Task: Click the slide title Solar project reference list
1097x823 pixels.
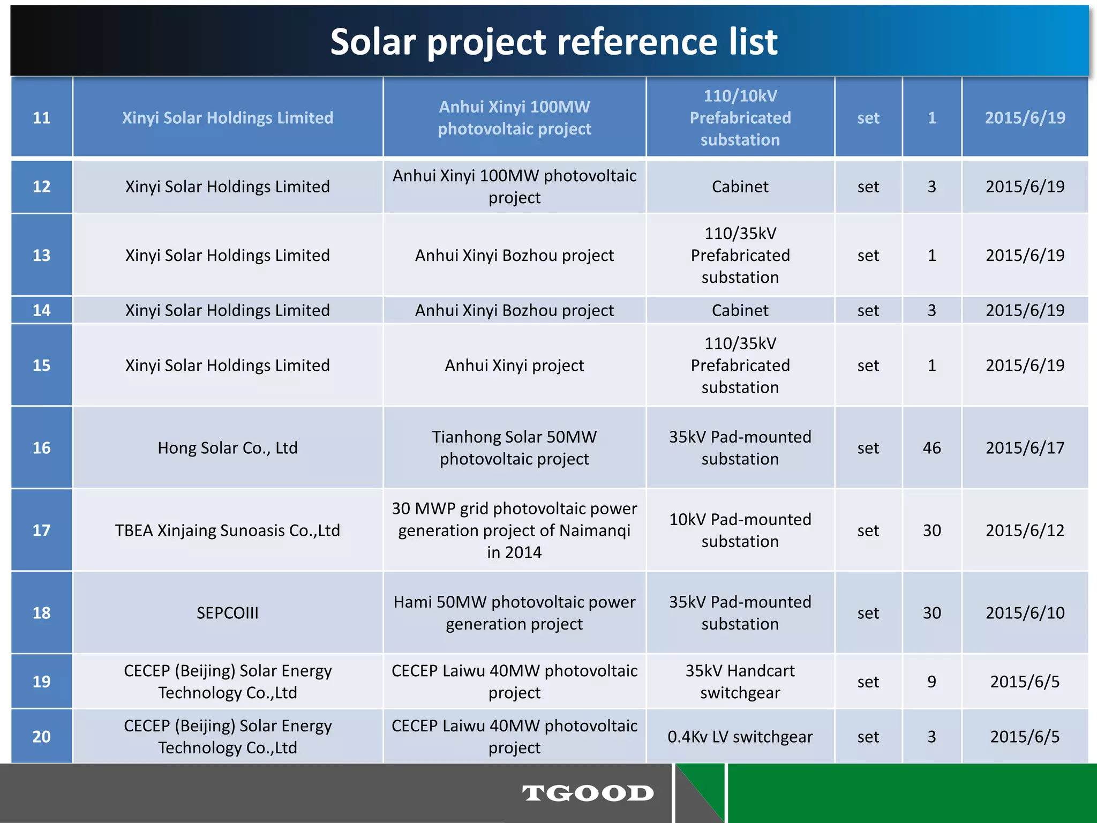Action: point(553,42)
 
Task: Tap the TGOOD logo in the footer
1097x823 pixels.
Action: point(588,793)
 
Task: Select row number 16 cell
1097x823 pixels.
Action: point(42,448)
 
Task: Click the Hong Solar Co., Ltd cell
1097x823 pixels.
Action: point(228,448)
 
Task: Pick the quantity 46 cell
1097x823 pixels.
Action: point(931,448)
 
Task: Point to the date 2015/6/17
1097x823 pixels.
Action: point(1025,448)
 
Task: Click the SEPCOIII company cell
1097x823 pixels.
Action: point(228,613)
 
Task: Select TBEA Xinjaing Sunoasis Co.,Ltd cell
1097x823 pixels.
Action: point(228,530)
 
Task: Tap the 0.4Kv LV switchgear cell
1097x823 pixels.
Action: point(740,737)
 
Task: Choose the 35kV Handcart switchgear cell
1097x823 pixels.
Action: point(740,682)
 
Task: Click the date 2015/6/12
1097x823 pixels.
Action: point(1025,530)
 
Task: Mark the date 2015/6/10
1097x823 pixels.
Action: point(1025,613)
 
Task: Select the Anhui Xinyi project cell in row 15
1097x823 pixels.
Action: point(514,365)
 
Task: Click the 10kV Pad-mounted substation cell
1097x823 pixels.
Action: point(740,530)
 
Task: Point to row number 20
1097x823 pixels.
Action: point(42,737)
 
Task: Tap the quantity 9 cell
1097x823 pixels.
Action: point(931,682)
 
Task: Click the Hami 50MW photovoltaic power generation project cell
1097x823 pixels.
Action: point(514,613)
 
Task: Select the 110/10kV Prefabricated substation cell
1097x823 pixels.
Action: point(740,118)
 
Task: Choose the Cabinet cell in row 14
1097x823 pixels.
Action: point(740,310)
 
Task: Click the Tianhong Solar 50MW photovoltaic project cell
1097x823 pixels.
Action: point(514,448)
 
